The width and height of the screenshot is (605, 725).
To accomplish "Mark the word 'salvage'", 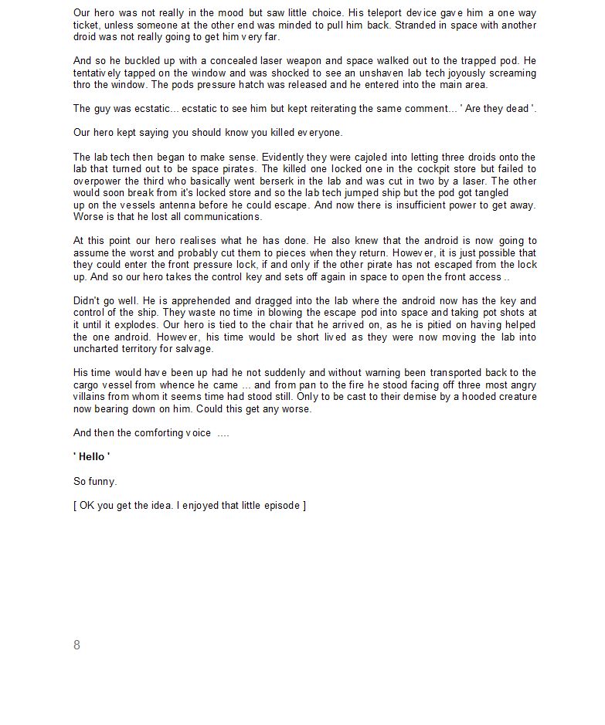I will (194, 349).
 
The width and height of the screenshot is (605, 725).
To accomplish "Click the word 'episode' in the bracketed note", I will (280, 505).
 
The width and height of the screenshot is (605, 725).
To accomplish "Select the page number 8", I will (76, 645).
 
